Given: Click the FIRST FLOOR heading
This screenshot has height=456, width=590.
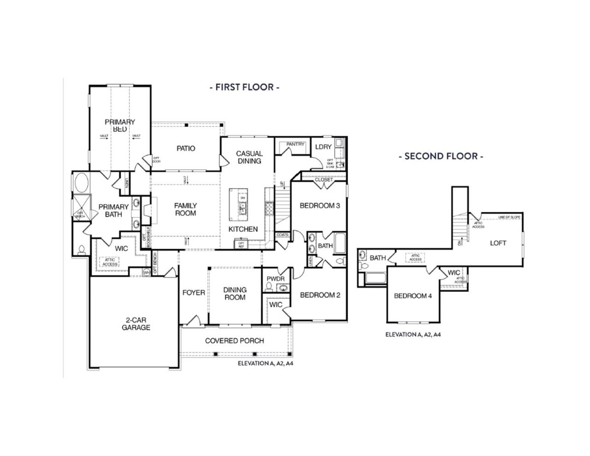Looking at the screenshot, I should coord(244,87).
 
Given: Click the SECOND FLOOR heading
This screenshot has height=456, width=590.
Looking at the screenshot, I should coord(441,156).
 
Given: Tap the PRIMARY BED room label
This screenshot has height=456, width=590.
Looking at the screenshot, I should coord(120,125).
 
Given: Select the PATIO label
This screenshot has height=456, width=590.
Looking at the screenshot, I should coord(186,148).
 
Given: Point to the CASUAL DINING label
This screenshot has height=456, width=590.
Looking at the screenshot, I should coord(249,157).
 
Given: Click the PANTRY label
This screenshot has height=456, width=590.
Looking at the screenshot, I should coord(295,144).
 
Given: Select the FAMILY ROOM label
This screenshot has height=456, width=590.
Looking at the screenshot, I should coord(185,209).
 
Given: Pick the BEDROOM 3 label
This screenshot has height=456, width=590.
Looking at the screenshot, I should coord(319,206).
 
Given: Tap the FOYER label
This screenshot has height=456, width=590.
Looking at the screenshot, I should coord(194,293).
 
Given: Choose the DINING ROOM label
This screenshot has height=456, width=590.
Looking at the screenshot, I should coord(235,294).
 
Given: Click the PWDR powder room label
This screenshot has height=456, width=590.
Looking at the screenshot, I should coord(275,279).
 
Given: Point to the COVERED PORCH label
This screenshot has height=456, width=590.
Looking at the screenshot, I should coord(235,341).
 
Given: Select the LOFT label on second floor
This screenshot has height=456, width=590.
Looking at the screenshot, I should coord(498,243).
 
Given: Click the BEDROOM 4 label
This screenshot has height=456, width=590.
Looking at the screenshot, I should coord(413,296).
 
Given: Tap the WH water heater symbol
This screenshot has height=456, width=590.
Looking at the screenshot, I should coord(147,272).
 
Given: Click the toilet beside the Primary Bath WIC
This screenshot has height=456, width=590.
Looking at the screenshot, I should coord(82,250).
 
